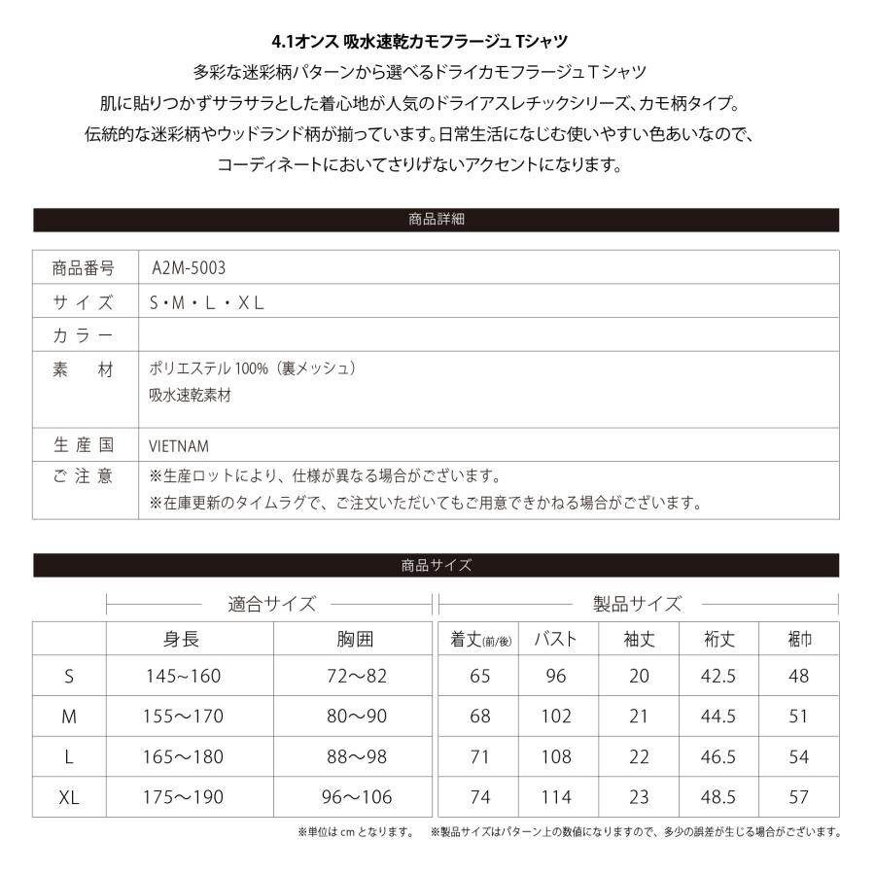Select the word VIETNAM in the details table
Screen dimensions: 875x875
tap(180, 446)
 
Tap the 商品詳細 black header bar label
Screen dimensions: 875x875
tap(437, 220)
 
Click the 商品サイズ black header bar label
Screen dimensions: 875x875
tap(437, 565)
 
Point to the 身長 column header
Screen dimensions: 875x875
tap(181, 640)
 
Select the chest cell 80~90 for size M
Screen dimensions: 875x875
tap(357, 717)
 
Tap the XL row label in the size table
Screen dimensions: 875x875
tap(69, 797)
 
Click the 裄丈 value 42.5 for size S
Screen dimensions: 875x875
tap(718, 677)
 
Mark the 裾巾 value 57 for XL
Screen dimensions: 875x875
tap(798, 797)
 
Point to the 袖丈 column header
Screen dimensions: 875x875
tap(639, 640)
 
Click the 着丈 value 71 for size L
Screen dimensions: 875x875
tap(479, 756)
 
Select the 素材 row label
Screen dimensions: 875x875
tap(84, 369)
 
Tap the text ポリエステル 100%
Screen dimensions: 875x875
tap(205, 369)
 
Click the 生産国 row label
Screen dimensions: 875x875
tap(84, 446)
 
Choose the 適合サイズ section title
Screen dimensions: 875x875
tap(272, 604)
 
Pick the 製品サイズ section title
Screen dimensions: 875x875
tap(638, 604)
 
